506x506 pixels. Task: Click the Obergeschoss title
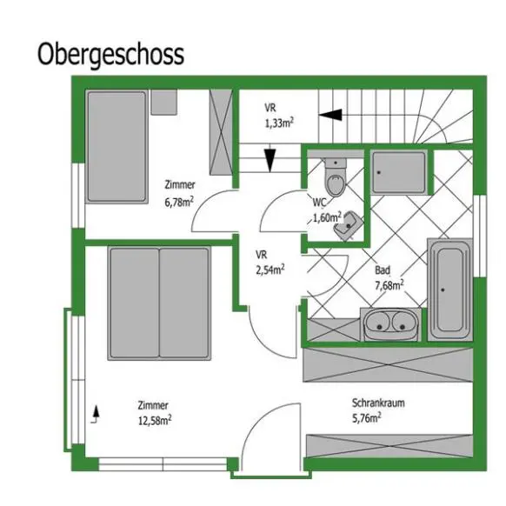pos(110,55)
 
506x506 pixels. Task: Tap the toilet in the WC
pos(336,176)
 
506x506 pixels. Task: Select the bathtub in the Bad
pos(450,290)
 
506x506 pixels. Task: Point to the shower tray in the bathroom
pos(399,172)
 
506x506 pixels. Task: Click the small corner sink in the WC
pos(348,225)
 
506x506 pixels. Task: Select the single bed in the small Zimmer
pos(117,147)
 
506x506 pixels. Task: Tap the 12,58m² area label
pos(155,421)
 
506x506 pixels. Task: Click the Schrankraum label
pos(378,403)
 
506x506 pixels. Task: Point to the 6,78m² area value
pos(179,203)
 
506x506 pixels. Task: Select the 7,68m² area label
pos(389,285)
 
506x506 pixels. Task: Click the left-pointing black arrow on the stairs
pos(330,115)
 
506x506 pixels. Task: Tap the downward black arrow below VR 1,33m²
pos(270,160)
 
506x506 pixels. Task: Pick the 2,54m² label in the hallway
pos(270,270)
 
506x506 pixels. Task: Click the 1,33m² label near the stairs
pos(279,123)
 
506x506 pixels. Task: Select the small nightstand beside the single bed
pos(164,103)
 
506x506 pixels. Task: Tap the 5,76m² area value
pos(366,418)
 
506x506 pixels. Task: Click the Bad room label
pos(383,270)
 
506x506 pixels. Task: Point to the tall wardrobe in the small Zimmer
pos(221,132)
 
